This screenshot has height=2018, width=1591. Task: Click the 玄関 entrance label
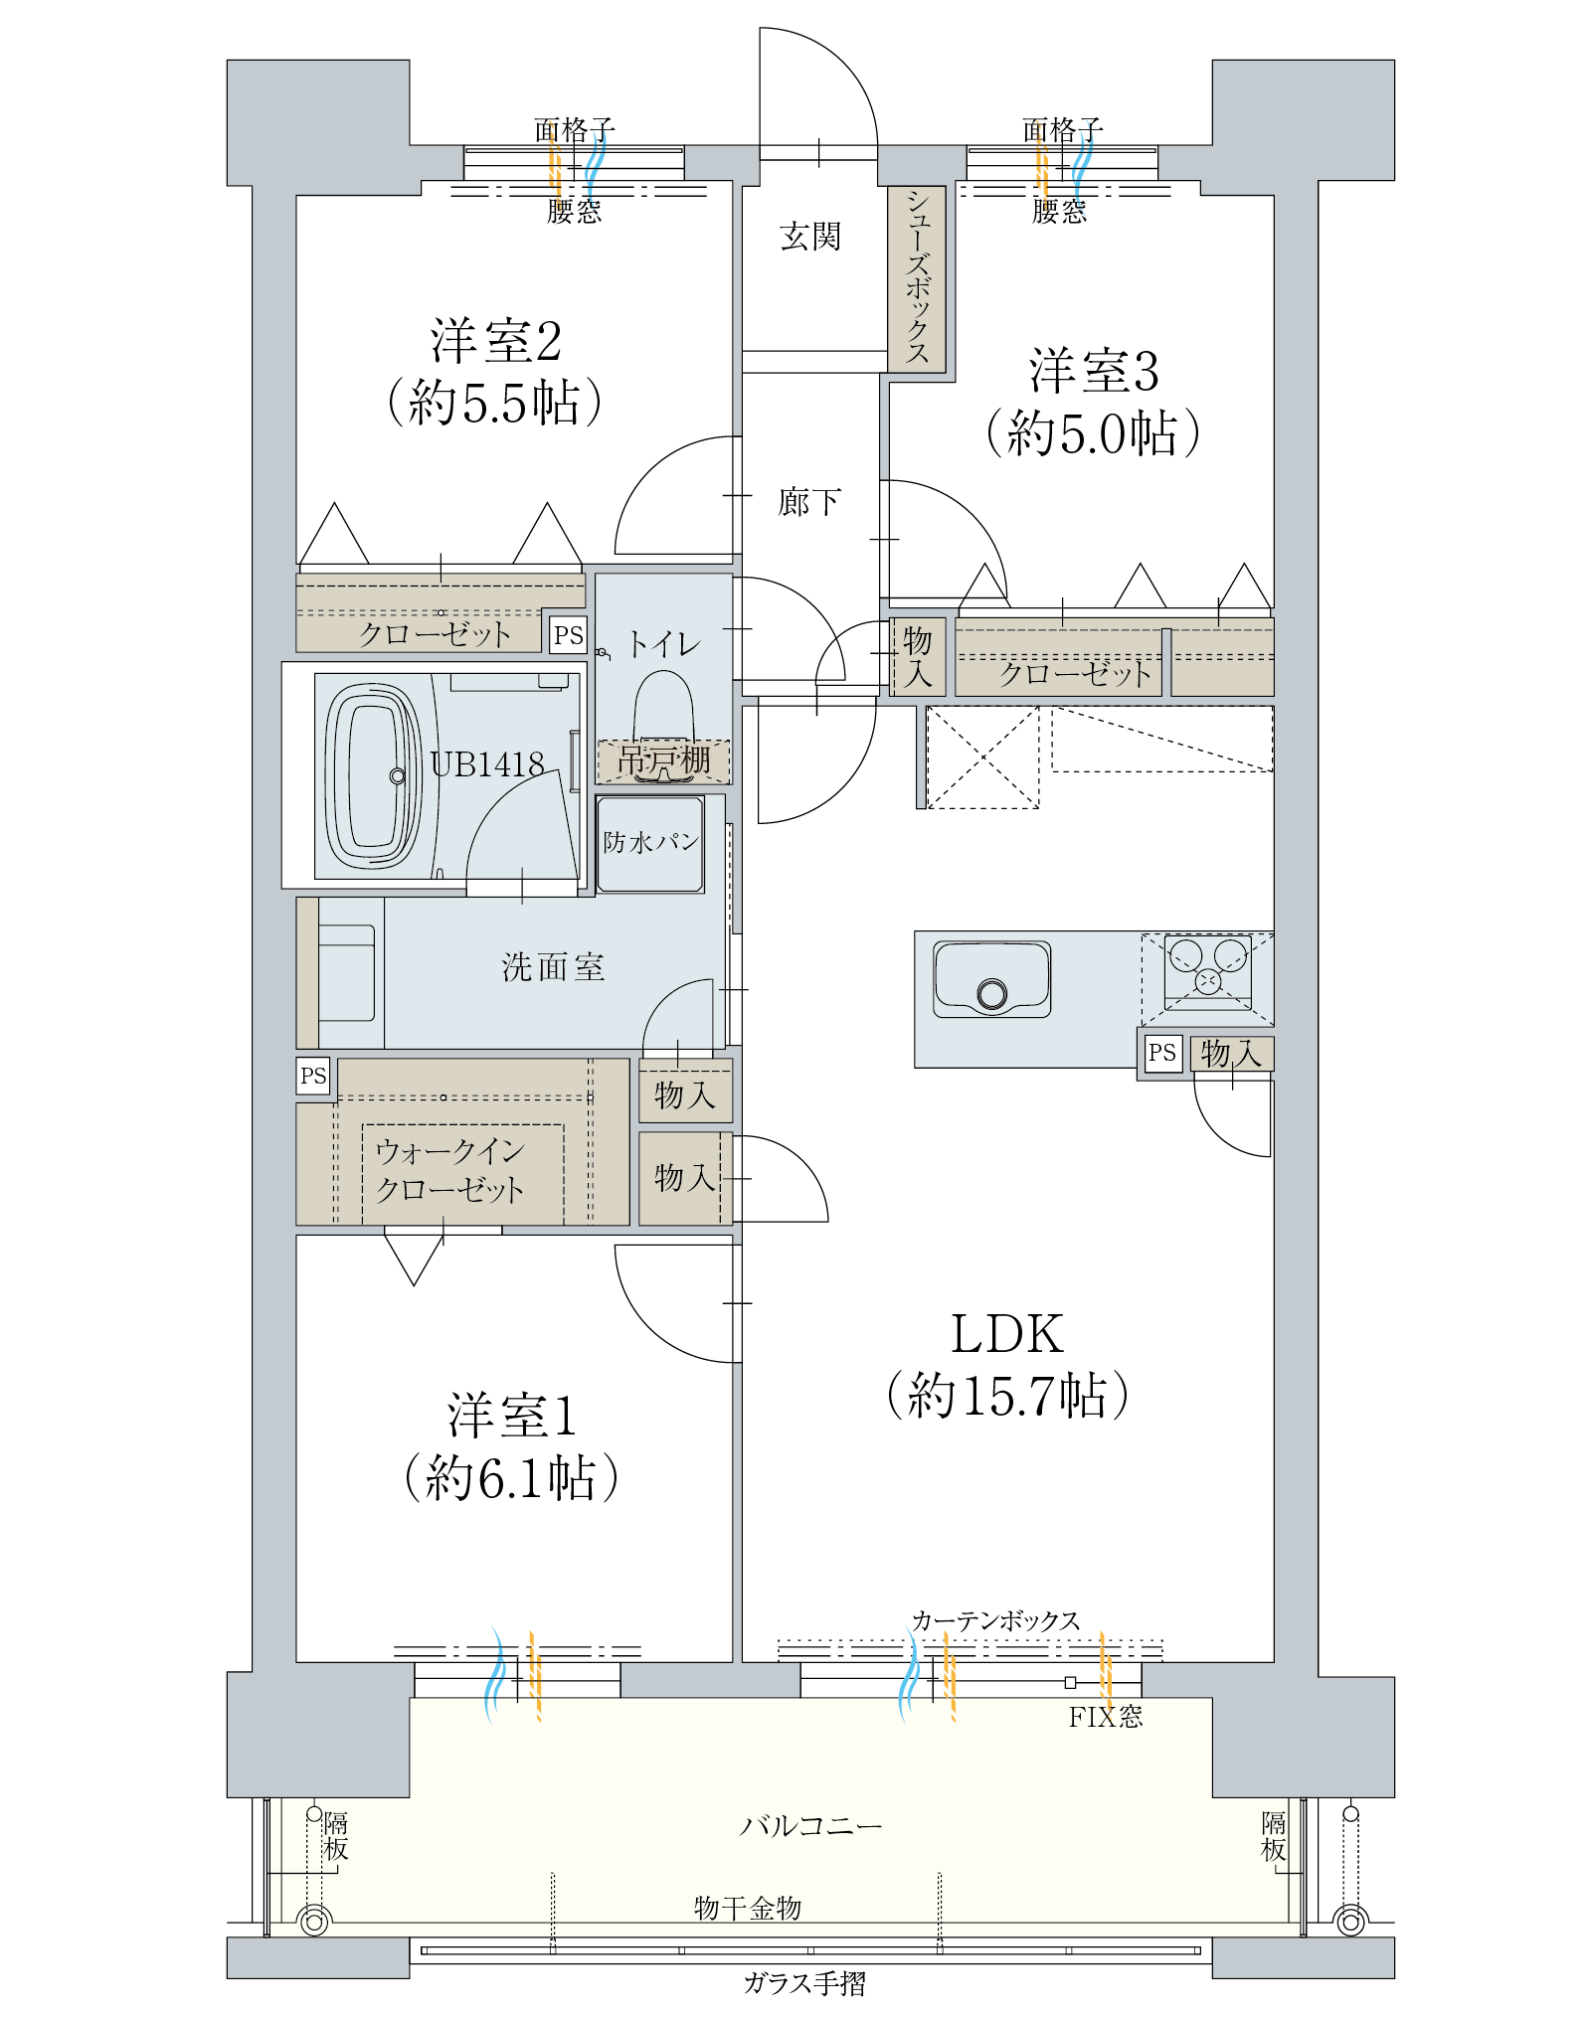pos(809,237)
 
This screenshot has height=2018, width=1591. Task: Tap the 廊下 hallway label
pos(808,502)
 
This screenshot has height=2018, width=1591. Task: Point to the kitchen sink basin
pos(991,979)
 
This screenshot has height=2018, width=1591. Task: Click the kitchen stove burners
pos(1207,966)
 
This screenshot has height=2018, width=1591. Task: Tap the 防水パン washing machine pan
pos(650,843)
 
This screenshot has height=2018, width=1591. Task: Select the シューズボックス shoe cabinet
pos(916,278)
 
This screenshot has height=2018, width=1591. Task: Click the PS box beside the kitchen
pos(1161,1052)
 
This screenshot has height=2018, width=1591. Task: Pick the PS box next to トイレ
pos(568,634)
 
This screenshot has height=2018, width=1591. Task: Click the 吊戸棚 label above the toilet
pos(663,760)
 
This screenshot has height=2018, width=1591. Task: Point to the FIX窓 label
pos(1105,1717)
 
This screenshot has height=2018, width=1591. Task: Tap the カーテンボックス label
pos(995,1621)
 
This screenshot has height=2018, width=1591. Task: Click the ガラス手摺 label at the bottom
pos(804,1984)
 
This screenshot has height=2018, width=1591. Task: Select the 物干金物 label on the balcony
pos(748,1908)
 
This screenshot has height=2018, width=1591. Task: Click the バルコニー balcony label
pos(810,1826)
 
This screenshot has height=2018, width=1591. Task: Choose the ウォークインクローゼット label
pos(449,1170)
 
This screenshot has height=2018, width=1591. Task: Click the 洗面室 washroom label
pos(553,966)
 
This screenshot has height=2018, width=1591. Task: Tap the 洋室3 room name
pos(1094,371)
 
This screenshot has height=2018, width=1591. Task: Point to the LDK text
pos(1006,1334)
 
